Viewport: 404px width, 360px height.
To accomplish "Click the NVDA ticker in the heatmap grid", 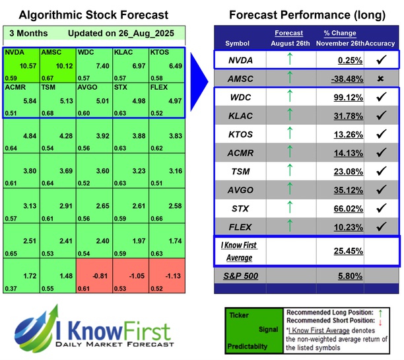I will click(14, 51).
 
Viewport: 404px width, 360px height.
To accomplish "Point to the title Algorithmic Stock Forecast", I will click(94, 15).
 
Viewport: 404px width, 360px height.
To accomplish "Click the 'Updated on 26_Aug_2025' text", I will click(115, 33).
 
